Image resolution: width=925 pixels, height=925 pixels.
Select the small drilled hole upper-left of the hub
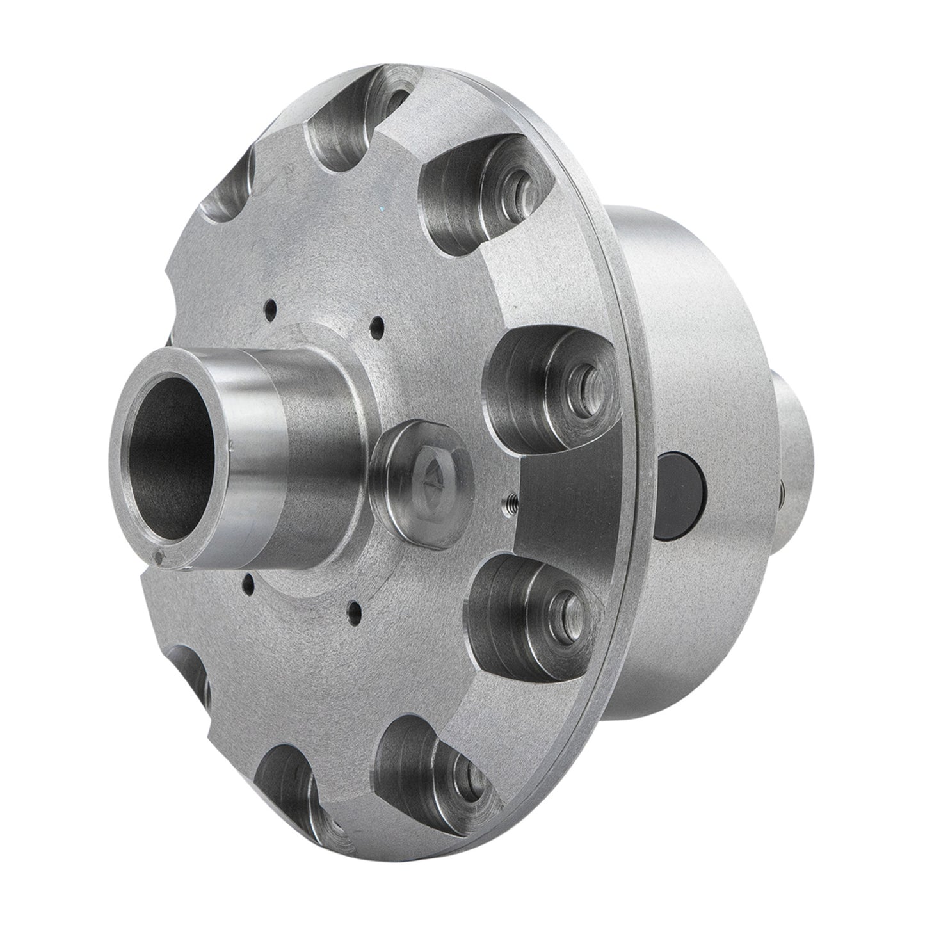271,306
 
